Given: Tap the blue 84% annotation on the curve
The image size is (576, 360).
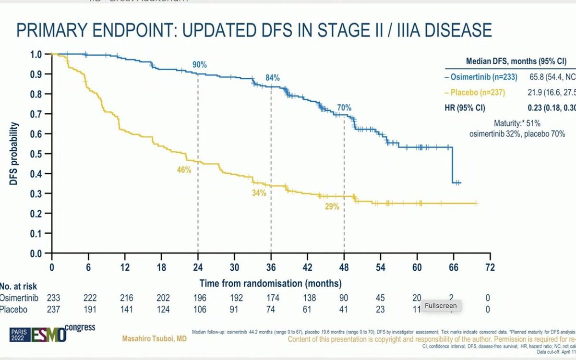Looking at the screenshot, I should click(272, 77).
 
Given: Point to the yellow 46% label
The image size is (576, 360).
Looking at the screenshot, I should click(184, 170).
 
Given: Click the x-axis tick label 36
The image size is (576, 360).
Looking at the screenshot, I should click(271, 267).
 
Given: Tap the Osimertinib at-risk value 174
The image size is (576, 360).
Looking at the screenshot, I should click(271, 297).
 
